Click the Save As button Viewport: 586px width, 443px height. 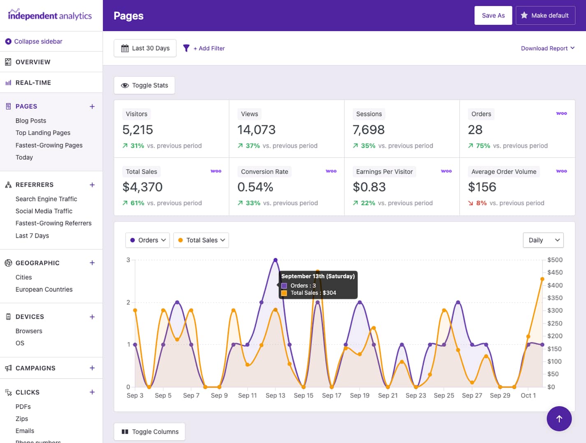pos(493,16)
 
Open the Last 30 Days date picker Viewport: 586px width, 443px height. pos(145,48)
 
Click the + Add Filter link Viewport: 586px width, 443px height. pos(209,48)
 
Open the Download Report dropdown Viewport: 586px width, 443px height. pos(547,48)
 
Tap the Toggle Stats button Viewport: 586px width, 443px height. pos(144,85)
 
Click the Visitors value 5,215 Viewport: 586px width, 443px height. pos(138,130)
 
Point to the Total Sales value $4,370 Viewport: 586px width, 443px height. pos(143,187)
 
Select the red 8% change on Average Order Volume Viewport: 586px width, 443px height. pos(481,203)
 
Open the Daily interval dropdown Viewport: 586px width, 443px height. pos(543,240)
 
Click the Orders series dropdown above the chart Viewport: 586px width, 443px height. pos(148,240)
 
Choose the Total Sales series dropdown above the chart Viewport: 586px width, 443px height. pos(201,240)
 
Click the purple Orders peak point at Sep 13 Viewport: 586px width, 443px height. pos(276,260)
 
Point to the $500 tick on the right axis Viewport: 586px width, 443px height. pos(555,260)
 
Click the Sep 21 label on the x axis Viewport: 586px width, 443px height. pos(388,395)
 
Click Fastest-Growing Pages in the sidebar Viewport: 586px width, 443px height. pos(49,145)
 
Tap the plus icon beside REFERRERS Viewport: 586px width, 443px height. pos(92,185)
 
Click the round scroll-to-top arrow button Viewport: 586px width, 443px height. pos(559,419)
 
